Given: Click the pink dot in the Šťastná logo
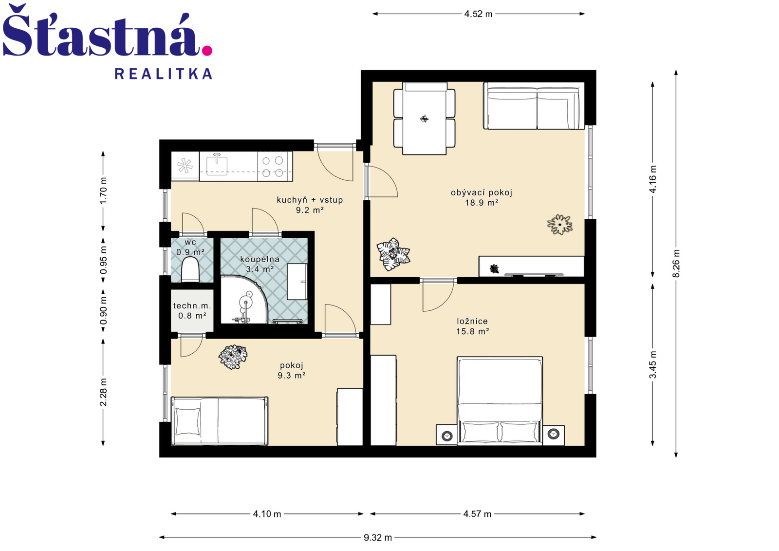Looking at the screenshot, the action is click(x=207, y=51).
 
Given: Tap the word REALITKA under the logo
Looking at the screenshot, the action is click(x=164, y=74).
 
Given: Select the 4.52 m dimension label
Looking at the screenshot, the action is click(x=478, y=14).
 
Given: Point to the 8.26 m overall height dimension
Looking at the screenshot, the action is click(x=676, y=264).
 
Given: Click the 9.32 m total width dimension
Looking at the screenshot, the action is click(x=378, y=537).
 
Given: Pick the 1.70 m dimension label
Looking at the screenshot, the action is click(x=103, y=191).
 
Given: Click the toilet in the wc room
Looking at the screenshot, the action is click(x=190, y=269).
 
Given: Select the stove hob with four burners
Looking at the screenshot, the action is click(x=273, y=166).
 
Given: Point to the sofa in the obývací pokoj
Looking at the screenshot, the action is click(x=534, y=106).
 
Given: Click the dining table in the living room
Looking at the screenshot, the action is click(x=424, y=118).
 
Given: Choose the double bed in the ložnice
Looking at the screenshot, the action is click(x=500, y=400).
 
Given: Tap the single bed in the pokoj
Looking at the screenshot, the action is click(x=220, y=421).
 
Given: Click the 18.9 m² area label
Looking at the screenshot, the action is click(x=482, y=203).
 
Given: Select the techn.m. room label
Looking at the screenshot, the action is click(x=192, y=305).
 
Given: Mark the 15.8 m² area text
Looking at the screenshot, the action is click(x=473, y=331).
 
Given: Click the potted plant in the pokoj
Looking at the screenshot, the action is click(x=233, y=357).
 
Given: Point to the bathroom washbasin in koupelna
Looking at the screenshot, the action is click(x=297, y=282).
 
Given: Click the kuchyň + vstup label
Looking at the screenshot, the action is click(x=310, y=200).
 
